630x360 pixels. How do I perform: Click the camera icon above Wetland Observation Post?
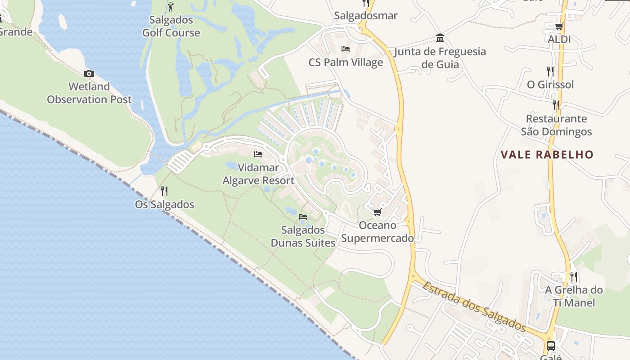point(89,73)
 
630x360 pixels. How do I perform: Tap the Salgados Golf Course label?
point(171,26)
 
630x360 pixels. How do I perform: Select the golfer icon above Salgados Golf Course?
point(171,7)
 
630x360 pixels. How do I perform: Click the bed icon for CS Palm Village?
point(346,49)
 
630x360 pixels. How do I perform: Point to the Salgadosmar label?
point(365,16)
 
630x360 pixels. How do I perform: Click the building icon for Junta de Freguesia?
point(440,38)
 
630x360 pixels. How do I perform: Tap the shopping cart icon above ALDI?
point(559,27)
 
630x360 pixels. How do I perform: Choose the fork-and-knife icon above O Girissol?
point(550,71)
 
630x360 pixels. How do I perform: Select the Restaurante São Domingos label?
point(556,125)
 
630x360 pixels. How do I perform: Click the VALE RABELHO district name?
point(547,155)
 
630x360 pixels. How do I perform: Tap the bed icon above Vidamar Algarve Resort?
point(258,154)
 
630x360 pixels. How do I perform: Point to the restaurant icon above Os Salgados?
point(164,191)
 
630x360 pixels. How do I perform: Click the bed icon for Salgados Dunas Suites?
point(303,216)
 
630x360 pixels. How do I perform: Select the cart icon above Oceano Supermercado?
point(377,212)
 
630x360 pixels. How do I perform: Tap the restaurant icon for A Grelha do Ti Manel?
point(573,276)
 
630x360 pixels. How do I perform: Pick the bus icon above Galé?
point(550,346)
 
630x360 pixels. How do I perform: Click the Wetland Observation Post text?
point(89,93)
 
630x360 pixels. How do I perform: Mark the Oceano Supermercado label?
point(377,232)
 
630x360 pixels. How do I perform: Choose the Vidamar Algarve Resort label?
point(258,174)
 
